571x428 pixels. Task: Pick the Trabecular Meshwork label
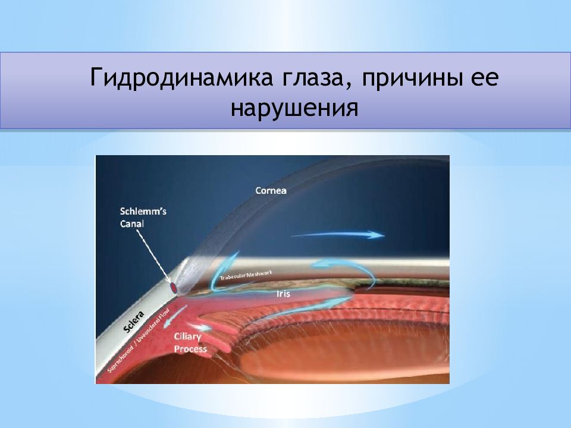(x=245, y=276)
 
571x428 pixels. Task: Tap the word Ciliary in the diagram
(x=187, y=337)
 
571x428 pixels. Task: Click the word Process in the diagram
(x=190, y=349)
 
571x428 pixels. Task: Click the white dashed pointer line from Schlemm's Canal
(x=153, y=254)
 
